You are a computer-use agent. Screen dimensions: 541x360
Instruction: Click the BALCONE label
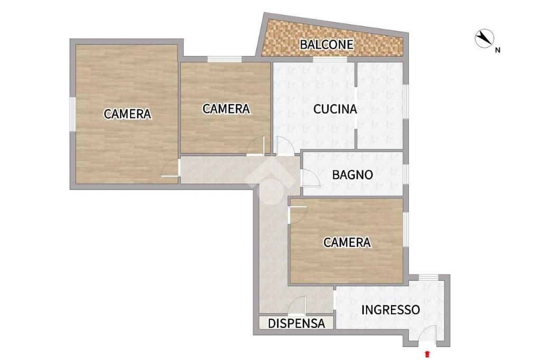click(x=327, y=44)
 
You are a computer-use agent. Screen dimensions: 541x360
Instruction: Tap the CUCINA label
click(x=335, y=109)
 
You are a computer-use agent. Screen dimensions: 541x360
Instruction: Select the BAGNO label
click(x=352, y=175)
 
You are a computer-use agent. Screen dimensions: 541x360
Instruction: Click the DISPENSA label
click(x=296, y=324)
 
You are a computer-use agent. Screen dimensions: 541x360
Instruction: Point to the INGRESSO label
click(x=390, y=310)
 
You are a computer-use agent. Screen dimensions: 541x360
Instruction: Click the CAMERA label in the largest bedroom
click(x=127, y=114)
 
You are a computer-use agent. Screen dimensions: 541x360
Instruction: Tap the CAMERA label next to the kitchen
click(x=226, y=109)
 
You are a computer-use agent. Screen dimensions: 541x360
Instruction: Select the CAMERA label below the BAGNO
click(x=347, y=242)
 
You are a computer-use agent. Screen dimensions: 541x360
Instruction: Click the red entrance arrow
click(x=427, y=354)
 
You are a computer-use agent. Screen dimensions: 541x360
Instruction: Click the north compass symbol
click(x=484, y=38)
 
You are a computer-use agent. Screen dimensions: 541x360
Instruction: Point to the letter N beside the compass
click(x=498, y=50)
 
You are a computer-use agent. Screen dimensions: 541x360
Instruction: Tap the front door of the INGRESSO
click(x=427, y=334)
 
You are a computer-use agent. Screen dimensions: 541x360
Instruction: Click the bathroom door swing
click(x=311, y=178)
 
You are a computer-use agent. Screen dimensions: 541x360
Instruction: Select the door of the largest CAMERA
click(x=171, y=168)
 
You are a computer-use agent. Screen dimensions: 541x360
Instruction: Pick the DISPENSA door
click(x=297, y=305)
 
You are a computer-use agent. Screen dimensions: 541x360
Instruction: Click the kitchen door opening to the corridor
click(x=285, y=146)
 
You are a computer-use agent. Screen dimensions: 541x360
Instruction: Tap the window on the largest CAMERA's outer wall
click(x=73, y=114)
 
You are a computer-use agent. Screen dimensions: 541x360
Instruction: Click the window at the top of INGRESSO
click(x=428, y=277)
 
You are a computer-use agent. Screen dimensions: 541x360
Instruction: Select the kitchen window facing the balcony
click(x=330, y=59)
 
